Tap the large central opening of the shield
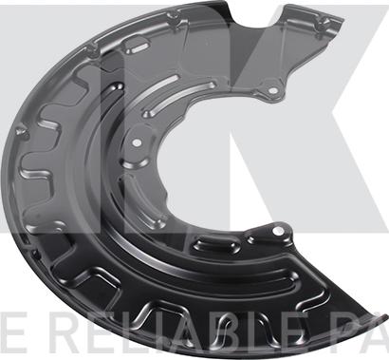point(204,161)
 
